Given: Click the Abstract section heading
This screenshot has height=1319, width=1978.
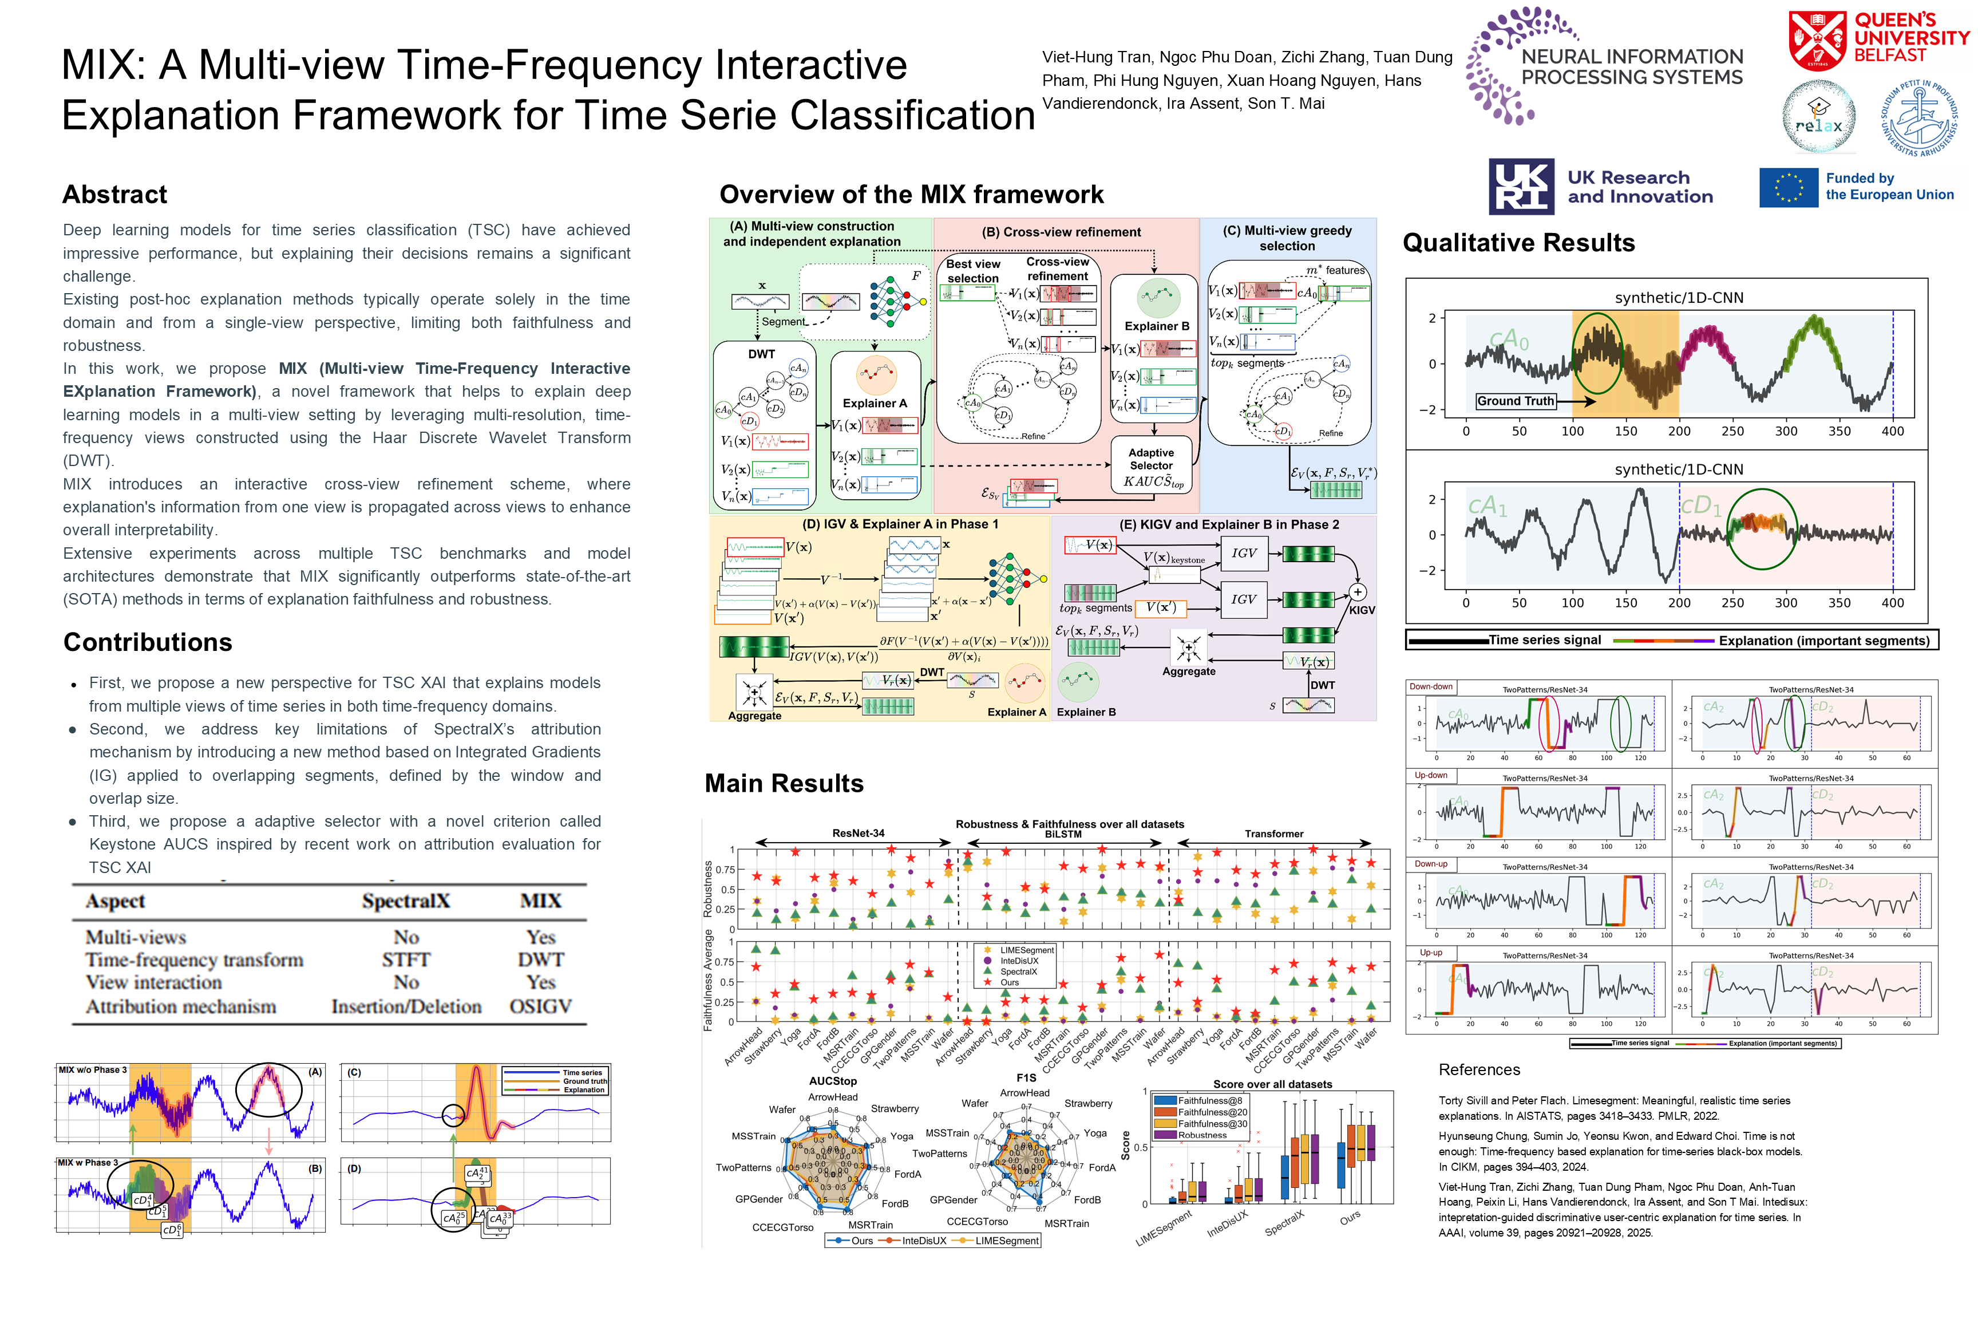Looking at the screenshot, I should [x=115, y=194].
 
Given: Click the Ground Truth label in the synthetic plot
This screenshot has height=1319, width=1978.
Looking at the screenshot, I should [x=1516, y=401].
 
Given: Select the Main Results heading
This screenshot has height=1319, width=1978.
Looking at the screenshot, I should [x=784, y=783].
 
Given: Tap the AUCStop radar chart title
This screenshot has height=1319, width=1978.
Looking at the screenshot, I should [x=833, y=1081].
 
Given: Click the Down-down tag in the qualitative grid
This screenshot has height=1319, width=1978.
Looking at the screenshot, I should [x=1430, y=686].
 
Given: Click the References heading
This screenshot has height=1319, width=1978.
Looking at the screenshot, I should [x=1479, y=1070].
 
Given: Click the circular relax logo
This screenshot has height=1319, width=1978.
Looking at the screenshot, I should [x=1818, y=118].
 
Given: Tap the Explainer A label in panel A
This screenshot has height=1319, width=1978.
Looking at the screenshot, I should [x=875, y=403].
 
